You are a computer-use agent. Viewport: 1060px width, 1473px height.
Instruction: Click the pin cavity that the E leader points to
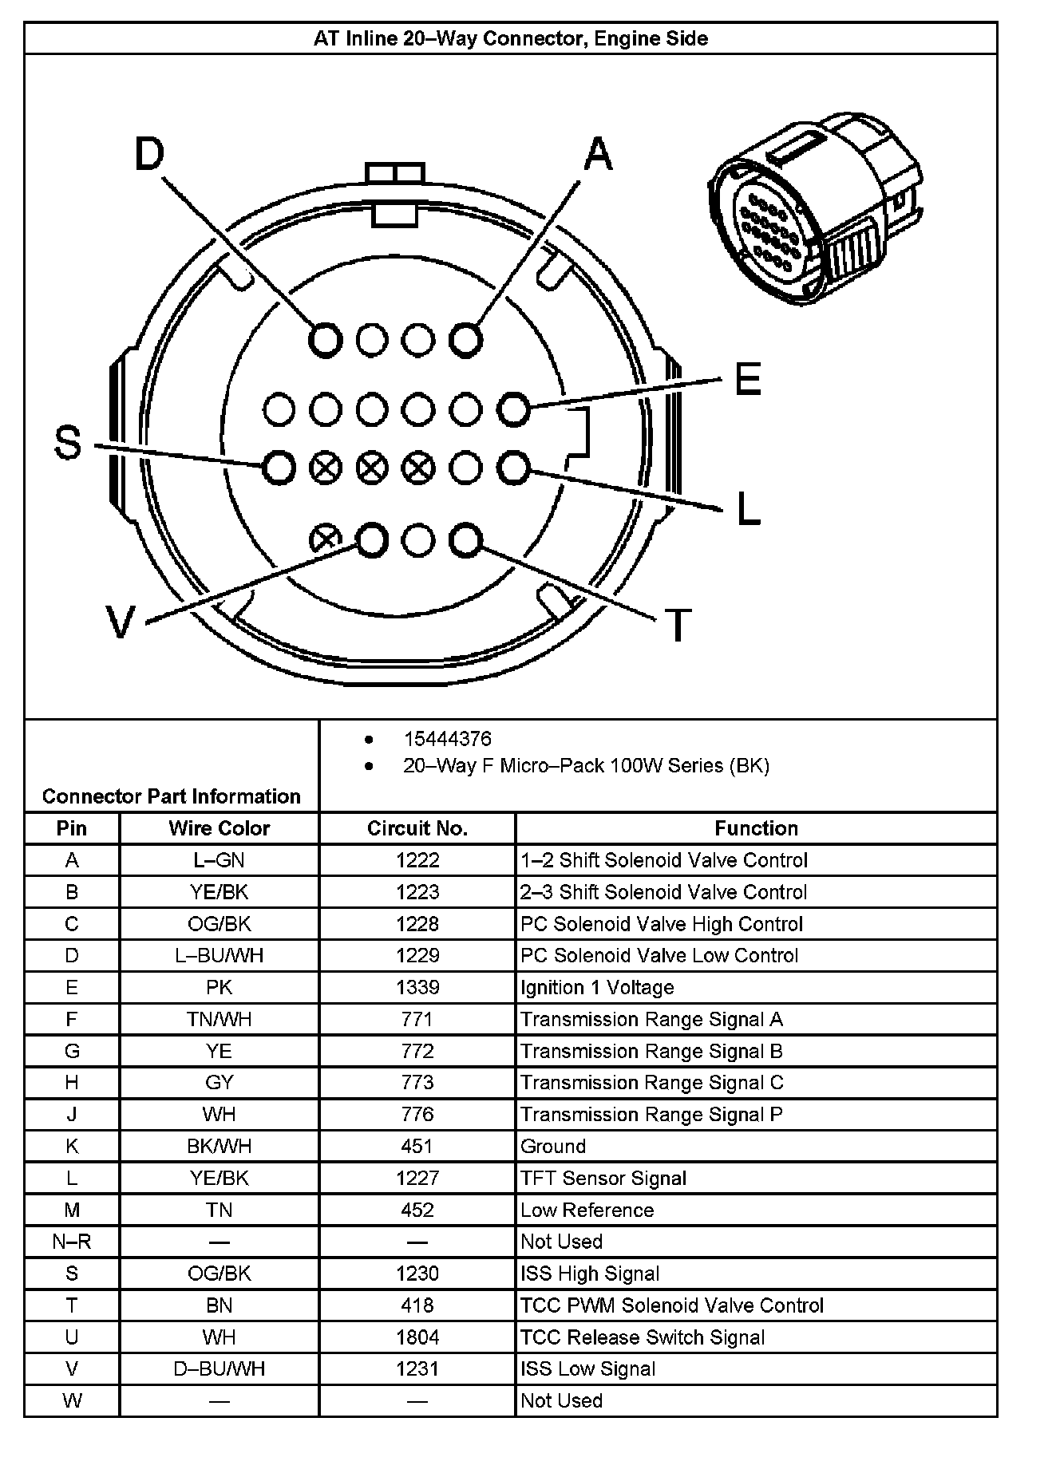(513, 409)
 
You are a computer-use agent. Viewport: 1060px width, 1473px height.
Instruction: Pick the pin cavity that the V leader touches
(371, 540)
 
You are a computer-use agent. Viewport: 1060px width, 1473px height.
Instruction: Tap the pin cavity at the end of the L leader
(513, 468)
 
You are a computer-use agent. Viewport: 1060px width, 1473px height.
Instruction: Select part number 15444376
(447, 739)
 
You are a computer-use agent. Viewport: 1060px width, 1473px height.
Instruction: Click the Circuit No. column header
(417, 828)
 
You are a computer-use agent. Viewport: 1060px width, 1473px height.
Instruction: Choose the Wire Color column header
(219, 828)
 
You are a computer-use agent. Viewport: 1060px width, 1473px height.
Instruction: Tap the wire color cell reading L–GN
(219, 860)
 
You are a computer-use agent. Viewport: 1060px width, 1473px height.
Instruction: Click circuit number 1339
(417, 987)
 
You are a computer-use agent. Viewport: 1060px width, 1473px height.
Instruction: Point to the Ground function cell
(553, 1147)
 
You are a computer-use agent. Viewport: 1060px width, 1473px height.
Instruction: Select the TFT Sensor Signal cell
(603, 1179)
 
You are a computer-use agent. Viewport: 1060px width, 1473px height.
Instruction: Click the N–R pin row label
(72, 1242)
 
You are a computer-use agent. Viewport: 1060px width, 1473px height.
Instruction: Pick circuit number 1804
(417, 1337)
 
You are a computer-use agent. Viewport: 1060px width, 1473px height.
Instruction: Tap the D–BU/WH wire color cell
(219, 1369)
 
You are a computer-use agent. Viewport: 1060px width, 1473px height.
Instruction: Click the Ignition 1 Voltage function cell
(597, 987)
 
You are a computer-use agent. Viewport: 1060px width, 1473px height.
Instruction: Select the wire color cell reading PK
(219, 987)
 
